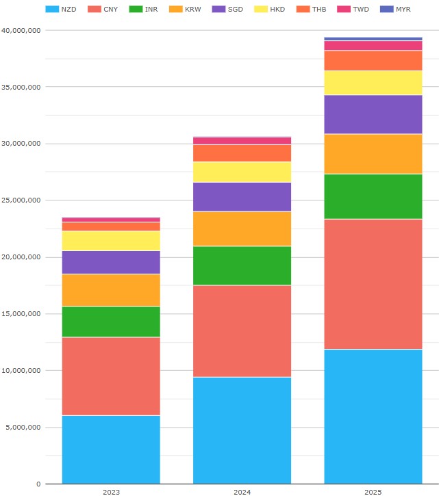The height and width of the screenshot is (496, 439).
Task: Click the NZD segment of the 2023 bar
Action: click(111, 449)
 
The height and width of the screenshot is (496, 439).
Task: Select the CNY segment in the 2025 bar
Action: click(373, 284)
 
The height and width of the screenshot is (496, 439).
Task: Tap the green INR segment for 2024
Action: click(242, 265)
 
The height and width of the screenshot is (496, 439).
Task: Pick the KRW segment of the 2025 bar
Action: click(373, 154)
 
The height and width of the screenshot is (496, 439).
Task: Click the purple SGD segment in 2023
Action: click(111, 262)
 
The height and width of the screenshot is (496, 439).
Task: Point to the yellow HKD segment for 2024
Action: click(242, 172)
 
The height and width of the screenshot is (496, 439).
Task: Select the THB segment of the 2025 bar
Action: click(373, 60)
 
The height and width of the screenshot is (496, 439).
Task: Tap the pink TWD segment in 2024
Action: click(242, 140)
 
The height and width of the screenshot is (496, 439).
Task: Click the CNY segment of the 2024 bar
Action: click(242, 331)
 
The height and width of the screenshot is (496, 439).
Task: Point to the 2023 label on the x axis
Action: click(111, 492)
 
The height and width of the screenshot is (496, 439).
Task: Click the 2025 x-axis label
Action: click(373, 492)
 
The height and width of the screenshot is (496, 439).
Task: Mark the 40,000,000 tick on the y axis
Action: click(21, 31)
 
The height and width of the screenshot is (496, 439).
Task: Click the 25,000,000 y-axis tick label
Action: click(21, 200)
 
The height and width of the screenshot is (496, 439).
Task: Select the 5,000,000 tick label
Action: click(23, 428)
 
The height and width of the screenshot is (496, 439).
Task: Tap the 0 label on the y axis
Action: click(39, 484)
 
